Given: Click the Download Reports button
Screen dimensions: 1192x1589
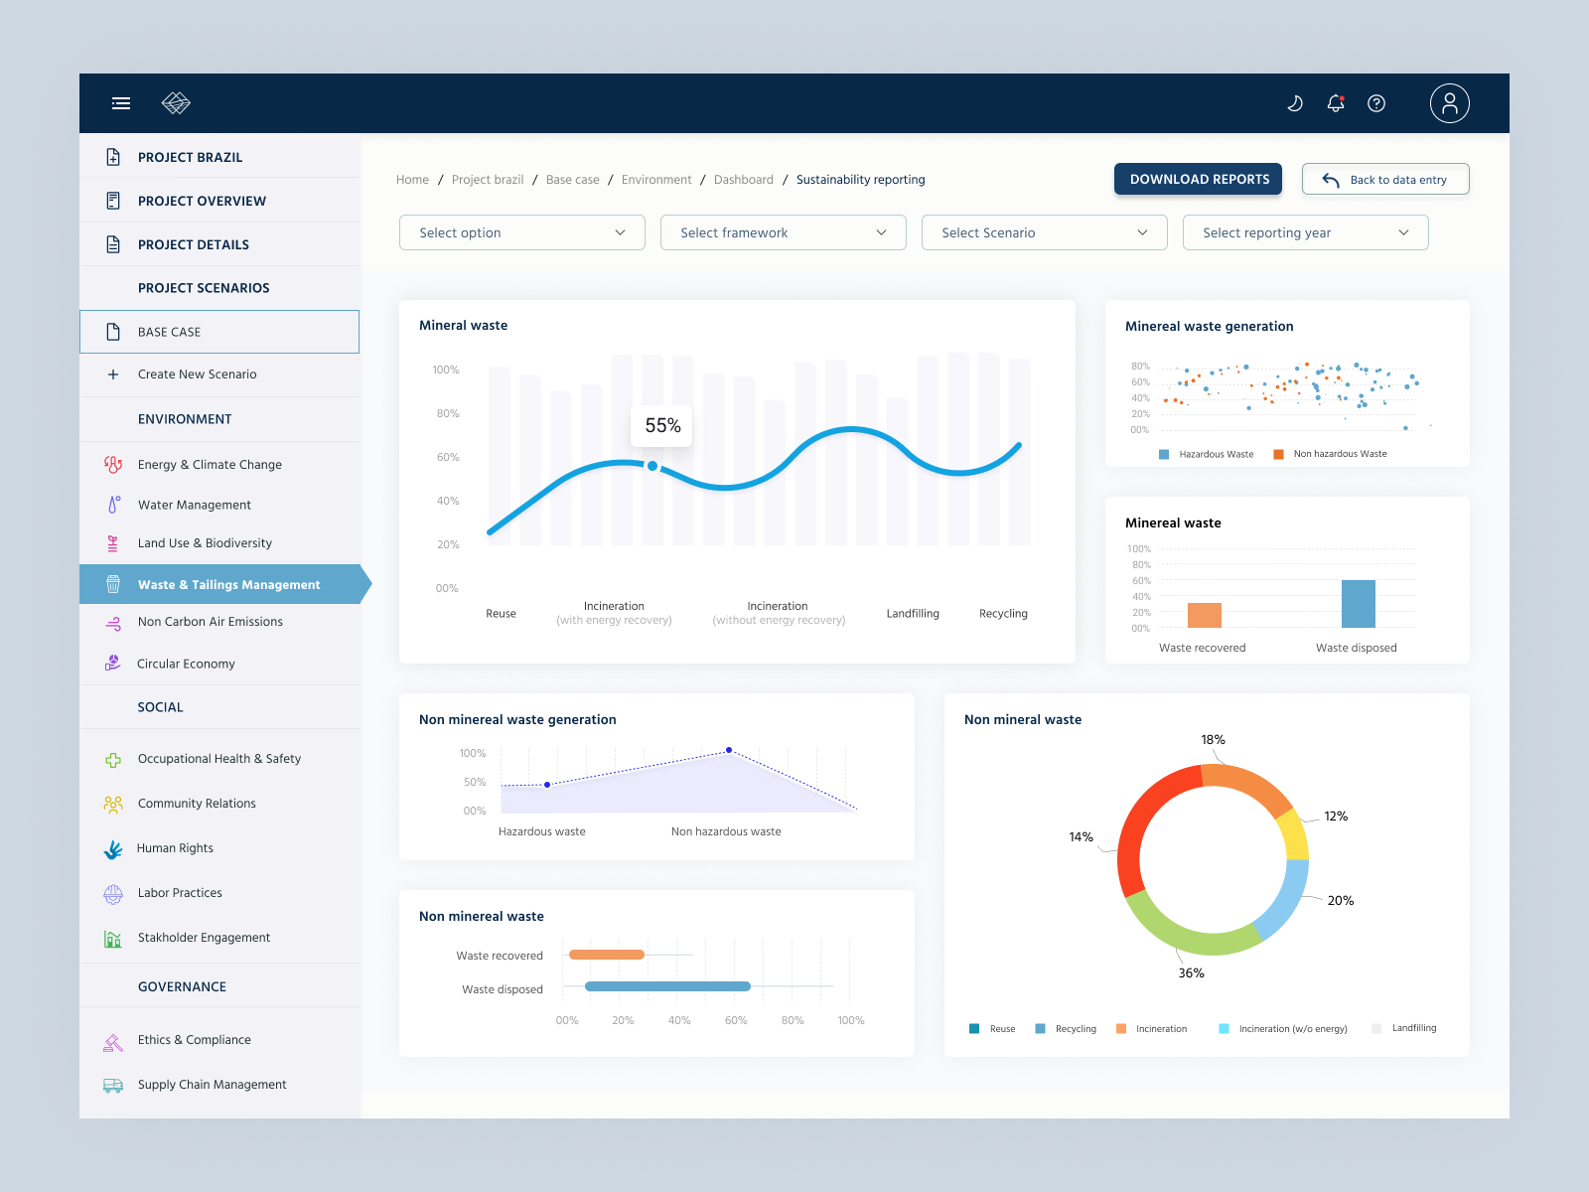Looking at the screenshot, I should click(x=1198, y=179).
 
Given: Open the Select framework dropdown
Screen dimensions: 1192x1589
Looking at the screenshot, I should click(x=783, y=232).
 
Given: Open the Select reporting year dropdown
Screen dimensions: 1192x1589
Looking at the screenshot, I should click(x=1305, y=232).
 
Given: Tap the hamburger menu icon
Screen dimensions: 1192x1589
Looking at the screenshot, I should click(x=121, y=103).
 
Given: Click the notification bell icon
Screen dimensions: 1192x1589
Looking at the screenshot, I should click(x=1336, y=103).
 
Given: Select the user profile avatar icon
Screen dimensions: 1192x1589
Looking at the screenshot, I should click(x=1449, y=103).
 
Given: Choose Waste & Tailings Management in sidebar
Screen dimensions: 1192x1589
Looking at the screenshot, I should click(x=228, y=585).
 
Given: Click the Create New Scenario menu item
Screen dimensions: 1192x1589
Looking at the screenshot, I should click(x=197, y=374).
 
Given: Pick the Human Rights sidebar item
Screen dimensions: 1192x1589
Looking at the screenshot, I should click(x=175, y=848).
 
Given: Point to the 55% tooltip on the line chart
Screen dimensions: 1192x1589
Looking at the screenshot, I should click(x=662, y=426).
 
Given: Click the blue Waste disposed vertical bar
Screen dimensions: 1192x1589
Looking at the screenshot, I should click(x=1358, y=604).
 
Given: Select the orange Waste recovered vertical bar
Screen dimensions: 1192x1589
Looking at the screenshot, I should click(x=1204, y=615).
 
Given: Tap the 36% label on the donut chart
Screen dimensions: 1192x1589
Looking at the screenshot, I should click(x=1191, y=973).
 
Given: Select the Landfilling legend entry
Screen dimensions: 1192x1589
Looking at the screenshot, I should click(x=1413, y=1028).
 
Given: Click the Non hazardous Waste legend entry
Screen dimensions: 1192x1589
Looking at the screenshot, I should click(x=1339, y=454).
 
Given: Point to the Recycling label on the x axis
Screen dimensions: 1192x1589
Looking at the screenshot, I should click(x=1003, y=614).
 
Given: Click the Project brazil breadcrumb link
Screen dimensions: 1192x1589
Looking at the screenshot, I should click(x=488, y=180).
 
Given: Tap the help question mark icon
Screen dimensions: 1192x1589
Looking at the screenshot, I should click(x=1376, y=103).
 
